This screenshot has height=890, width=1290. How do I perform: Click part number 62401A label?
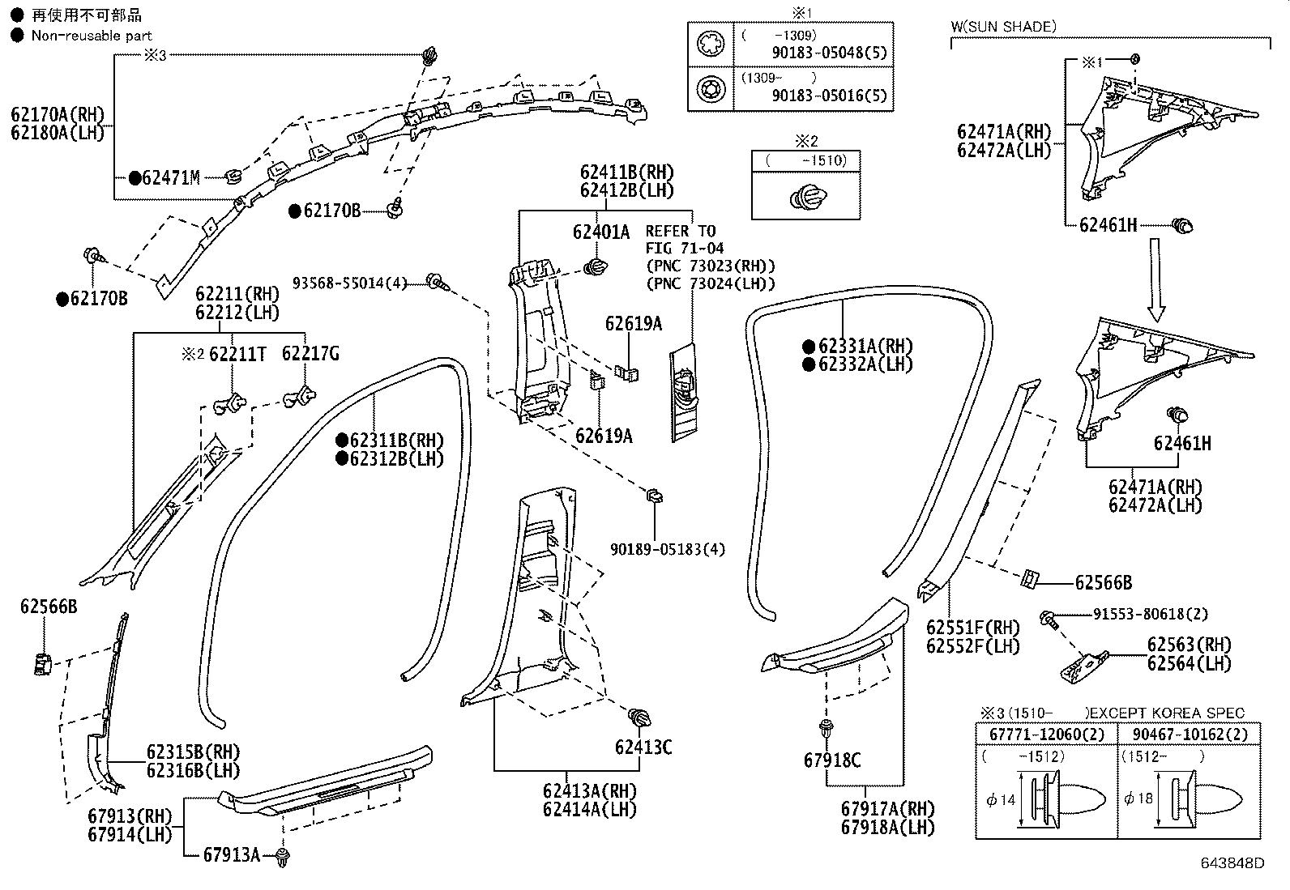[600, 232]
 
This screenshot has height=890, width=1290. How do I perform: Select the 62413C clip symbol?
[640, 718]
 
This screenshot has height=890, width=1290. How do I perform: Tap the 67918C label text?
[832, 760]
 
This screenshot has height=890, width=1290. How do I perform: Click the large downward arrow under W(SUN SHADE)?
[1156, 278]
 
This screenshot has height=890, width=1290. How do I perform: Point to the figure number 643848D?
[1232, 863]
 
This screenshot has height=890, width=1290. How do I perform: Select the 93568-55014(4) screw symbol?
[438, 281]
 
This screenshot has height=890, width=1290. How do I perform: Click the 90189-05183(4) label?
[668, 549]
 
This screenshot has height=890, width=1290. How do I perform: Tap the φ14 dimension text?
[1002, 799]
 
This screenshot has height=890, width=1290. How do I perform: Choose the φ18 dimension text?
[1138, 799]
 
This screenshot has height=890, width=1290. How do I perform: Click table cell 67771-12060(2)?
[1046, 734]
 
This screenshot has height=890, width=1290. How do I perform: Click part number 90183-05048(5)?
[829, 53]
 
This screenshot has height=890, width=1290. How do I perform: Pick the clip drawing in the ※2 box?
[805, 197]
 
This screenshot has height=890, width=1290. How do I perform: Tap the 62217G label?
[310, 353]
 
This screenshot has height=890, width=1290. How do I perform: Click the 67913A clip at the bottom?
[282, 858]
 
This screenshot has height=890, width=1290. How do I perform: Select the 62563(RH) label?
[1189, 645]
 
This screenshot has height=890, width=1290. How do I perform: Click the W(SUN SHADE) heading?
[1003, 27]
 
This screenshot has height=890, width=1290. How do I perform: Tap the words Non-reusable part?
[92, 35]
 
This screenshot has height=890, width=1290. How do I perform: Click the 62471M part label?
[170, 178]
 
